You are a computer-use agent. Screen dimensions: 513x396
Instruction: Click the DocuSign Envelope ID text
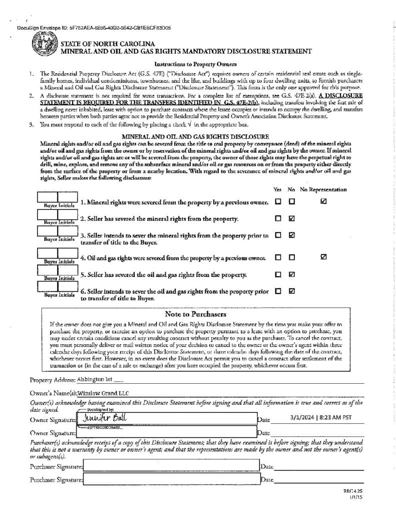point(93,28)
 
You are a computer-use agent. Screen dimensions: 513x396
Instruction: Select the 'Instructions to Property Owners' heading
point(195,64)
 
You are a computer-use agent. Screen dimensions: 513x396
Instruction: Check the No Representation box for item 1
point(323,201)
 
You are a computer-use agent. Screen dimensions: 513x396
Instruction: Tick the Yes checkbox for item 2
point(278,218)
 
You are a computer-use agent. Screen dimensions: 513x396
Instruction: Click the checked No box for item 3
point(292,235)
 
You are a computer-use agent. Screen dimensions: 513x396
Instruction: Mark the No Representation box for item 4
point(323,257)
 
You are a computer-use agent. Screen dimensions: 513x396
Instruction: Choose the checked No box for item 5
point(292,274)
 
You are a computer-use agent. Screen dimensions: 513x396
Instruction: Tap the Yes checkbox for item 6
point(278,291)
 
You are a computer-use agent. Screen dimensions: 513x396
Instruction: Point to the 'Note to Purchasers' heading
point(195,314)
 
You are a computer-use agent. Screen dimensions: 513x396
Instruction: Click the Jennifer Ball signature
point(105,417)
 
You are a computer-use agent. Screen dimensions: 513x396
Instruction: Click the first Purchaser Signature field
point(170,467)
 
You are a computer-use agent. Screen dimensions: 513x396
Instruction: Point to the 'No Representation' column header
point(323,190)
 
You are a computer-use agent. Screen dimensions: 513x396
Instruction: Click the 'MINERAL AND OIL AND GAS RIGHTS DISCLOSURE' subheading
point(195,136)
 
